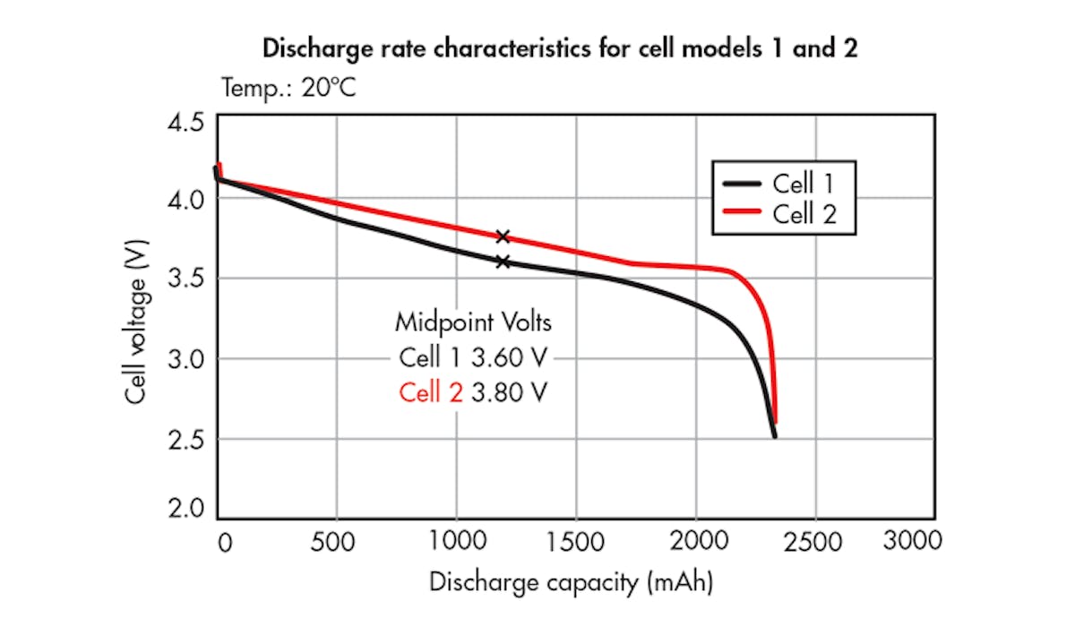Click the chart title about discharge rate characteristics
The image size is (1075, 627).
560,49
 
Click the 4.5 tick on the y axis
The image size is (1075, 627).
186,121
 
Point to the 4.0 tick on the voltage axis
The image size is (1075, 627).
186,199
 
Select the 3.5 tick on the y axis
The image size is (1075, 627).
186,279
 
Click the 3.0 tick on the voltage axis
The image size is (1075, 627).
186,358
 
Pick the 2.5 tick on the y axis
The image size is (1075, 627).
186,439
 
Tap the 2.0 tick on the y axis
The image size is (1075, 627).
186,509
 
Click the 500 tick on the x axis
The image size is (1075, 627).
338,542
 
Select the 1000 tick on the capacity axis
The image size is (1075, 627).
457,542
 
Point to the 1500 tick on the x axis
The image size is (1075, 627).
576,542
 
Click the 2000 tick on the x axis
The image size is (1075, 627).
696,542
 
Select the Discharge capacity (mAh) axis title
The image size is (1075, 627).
572,583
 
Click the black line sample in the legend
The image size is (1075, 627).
742,185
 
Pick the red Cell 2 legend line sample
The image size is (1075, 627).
742,213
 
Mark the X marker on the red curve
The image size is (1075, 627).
503,236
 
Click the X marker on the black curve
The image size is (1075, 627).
503,262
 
